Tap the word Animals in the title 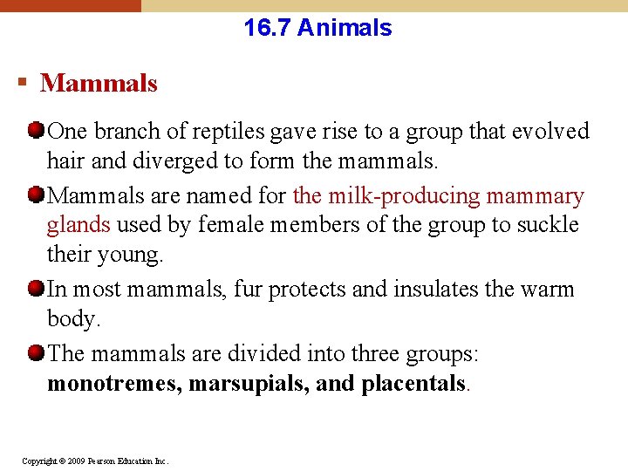tap(345, 28)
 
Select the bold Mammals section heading tap(99, 84)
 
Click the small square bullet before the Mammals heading tap(22, 83)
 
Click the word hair tap(65, 160)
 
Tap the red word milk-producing tap(410, 196)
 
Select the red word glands tap(78, 225)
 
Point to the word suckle tap(547, 225)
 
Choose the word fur tap(248, 290)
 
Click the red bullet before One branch tap(36, 132)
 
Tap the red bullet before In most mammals tap(36, 289)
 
